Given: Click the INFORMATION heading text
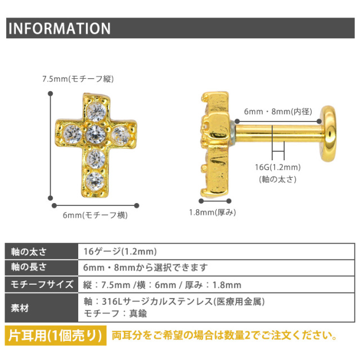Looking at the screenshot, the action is pos(60,29).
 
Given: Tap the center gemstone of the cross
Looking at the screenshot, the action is pos(95,134).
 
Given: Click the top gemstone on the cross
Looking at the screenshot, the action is pos(96,112).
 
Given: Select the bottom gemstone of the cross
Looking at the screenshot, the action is pos(95,181).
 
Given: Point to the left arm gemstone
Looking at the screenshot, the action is pos(73,134).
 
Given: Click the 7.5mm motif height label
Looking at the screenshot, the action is pos(78,79).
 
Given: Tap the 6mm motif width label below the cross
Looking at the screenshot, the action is pos(95,215).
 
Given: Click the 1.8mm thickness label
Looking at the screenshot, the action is pos(213,213).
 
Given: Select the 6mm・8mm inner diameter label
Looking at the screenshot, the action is pos(278,111).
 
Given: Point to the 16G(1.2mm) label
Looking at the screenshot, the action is pos(277,167).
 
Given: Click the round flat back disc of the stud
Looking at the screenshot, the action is pos(328,134).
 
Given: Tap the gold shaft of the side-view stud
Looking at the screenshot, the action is pos(278,134).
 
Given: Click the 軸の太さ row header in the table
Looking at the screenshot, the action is pos(29,252).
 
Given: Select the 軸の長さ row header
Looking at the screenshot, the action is pos(29,267).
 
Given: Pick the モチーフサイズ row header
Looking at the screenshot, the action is pos(42,285).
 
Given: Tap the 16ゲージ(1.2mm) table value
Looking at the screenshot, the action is pos(120,251).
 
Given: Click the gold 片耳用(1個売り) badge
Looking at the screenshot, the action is pos(56,335).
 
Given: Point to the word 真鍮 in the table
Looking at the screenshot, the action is pos(138,313).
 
